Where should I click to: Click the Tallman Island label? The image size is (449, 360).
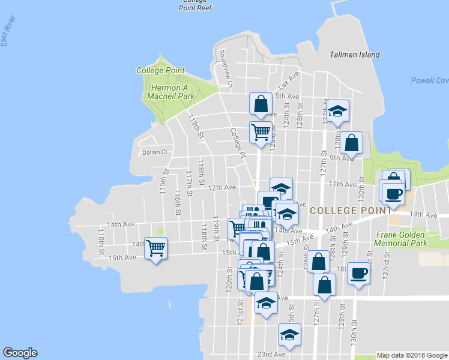point(355,55)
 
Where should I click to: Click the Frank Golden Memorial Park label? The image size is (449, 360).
point(400,239)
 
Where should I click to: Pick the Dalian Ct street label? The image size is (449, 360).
point(154,152)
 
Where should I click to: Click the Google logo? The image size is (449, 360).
point(20,353)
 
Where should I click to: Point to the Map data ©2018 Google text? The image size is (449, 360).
point(412,355)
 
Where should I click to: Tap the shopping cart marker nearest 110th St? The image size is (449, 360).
point(156,247)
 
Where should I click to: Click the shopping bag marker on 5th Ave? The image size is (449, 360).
point(262,104)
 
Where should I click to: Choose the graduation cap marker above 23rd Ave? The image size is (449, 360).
point(289,334)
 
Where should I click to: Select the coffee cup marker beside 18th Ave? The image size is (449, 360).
point(359,273)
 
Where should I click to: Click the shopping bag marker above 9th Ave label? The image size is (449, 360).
point(352,143)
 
